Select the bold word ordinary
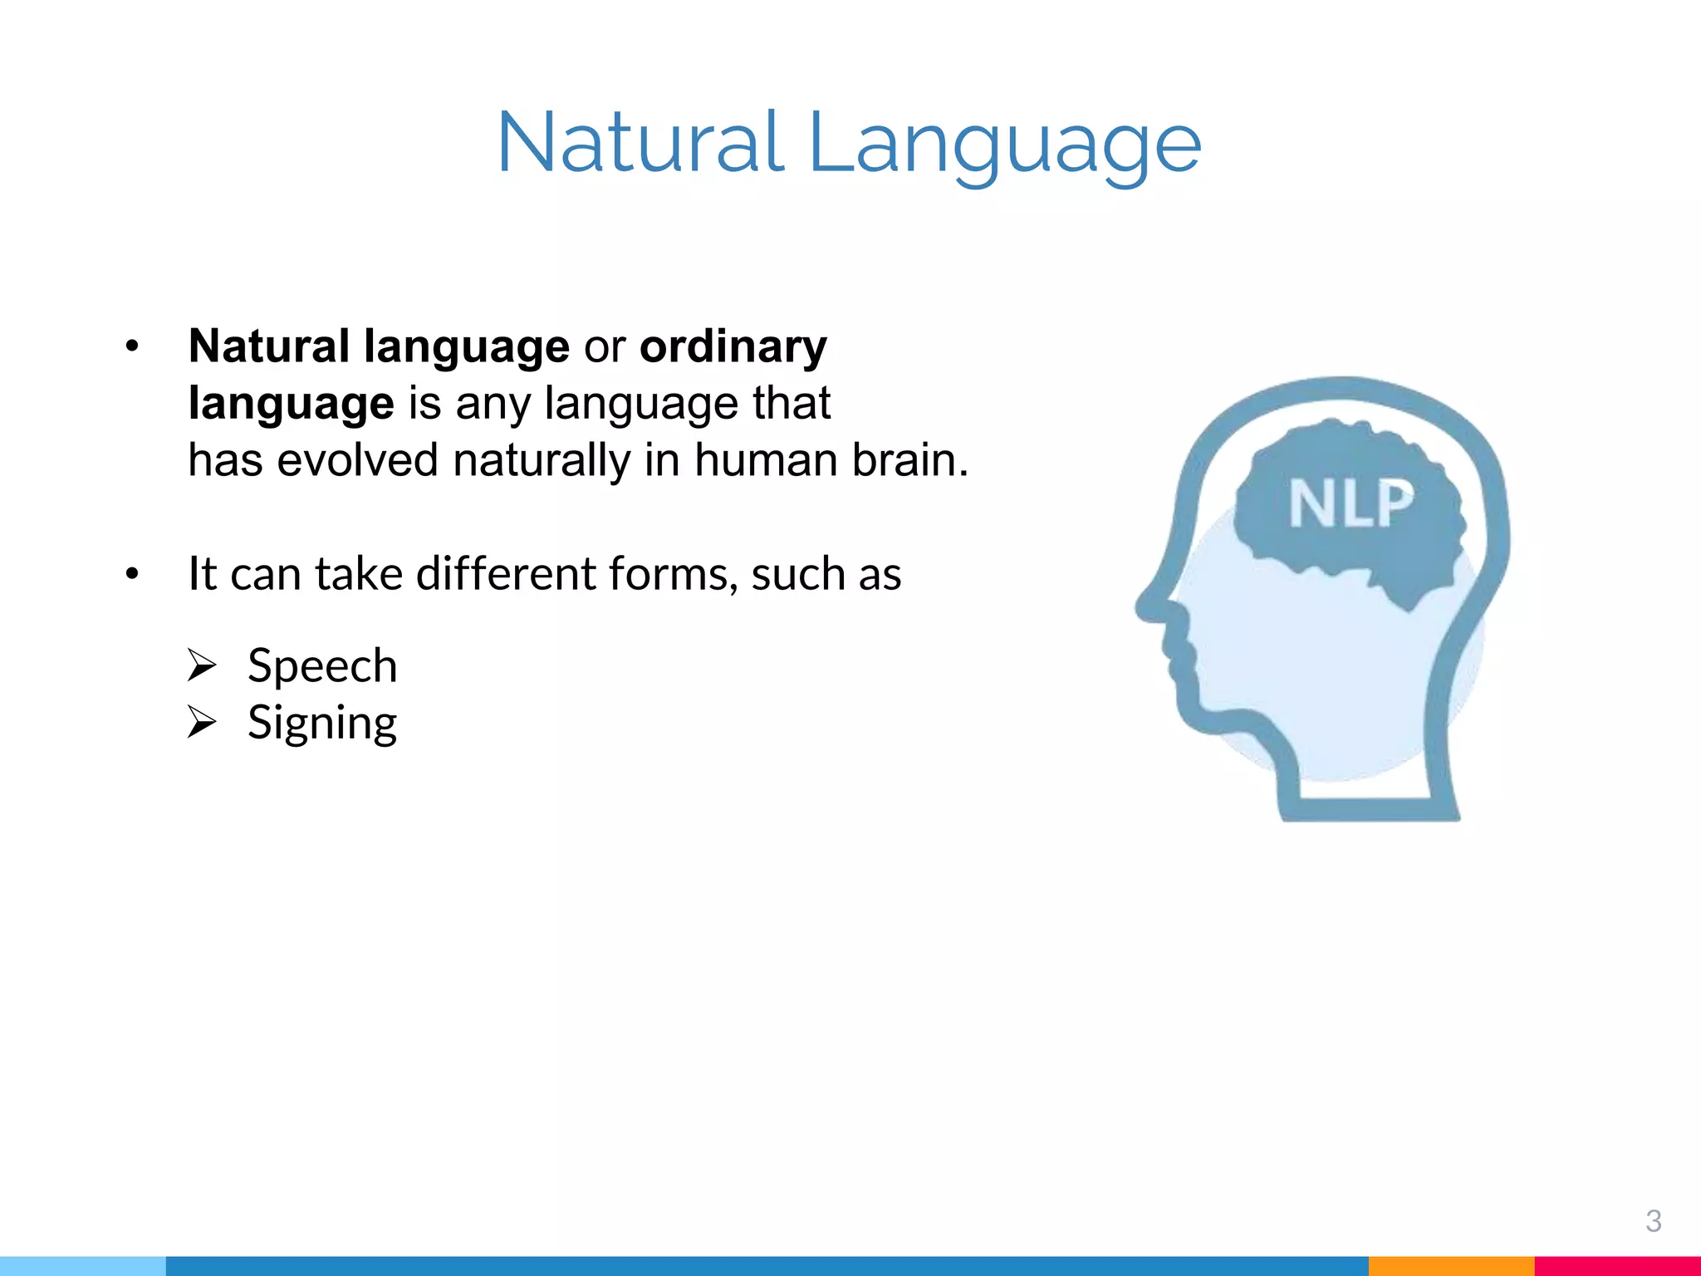point(733,347)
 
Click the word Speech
point(322,666)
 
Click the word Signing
point(322,723)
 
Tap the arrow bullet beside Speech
point(201,665)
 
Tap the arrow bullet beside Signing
point(201,722)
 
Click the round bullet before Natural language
point(132,347)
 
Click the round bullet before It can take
point(132,575)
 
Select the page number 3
point(1653,1221)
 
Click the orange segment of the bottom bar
point(1450,1266)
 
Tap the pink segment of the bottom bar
point(1616,1266)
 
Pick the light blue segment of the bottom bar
point(83,1266)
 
